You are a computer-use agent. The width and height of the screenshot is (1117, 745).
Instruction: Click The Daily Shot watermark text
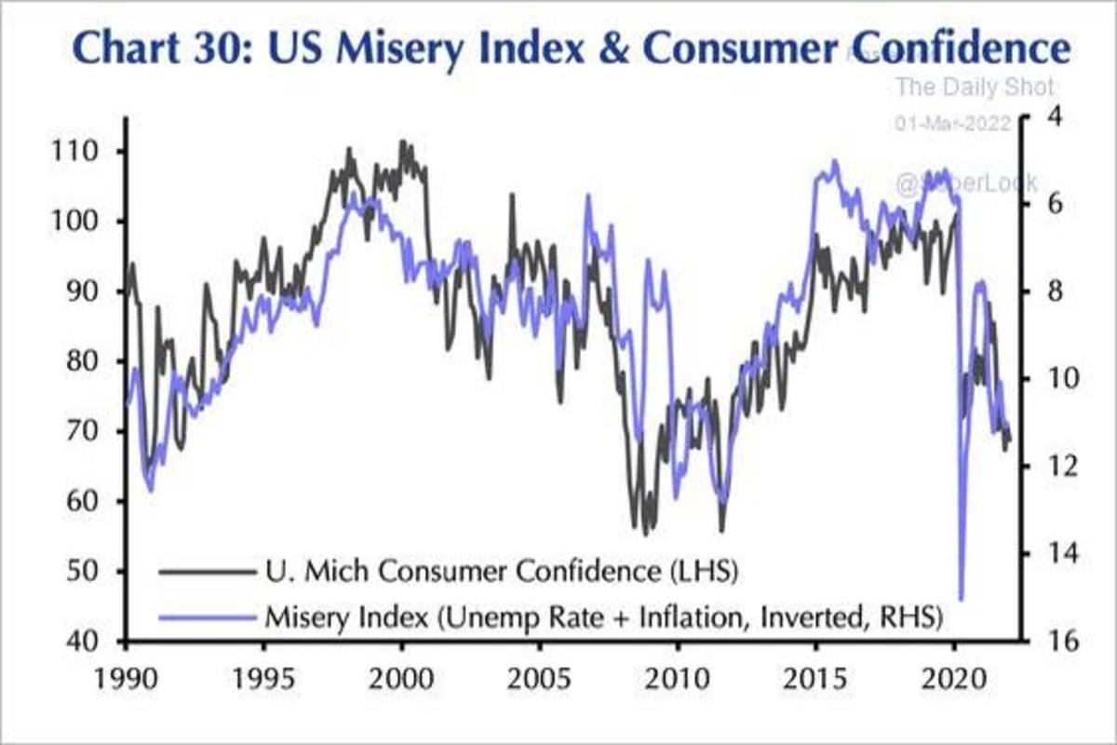click(974, 88)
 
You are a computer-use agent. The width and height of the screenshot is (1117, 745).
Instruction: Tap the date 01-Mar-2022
click(953, 124)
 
